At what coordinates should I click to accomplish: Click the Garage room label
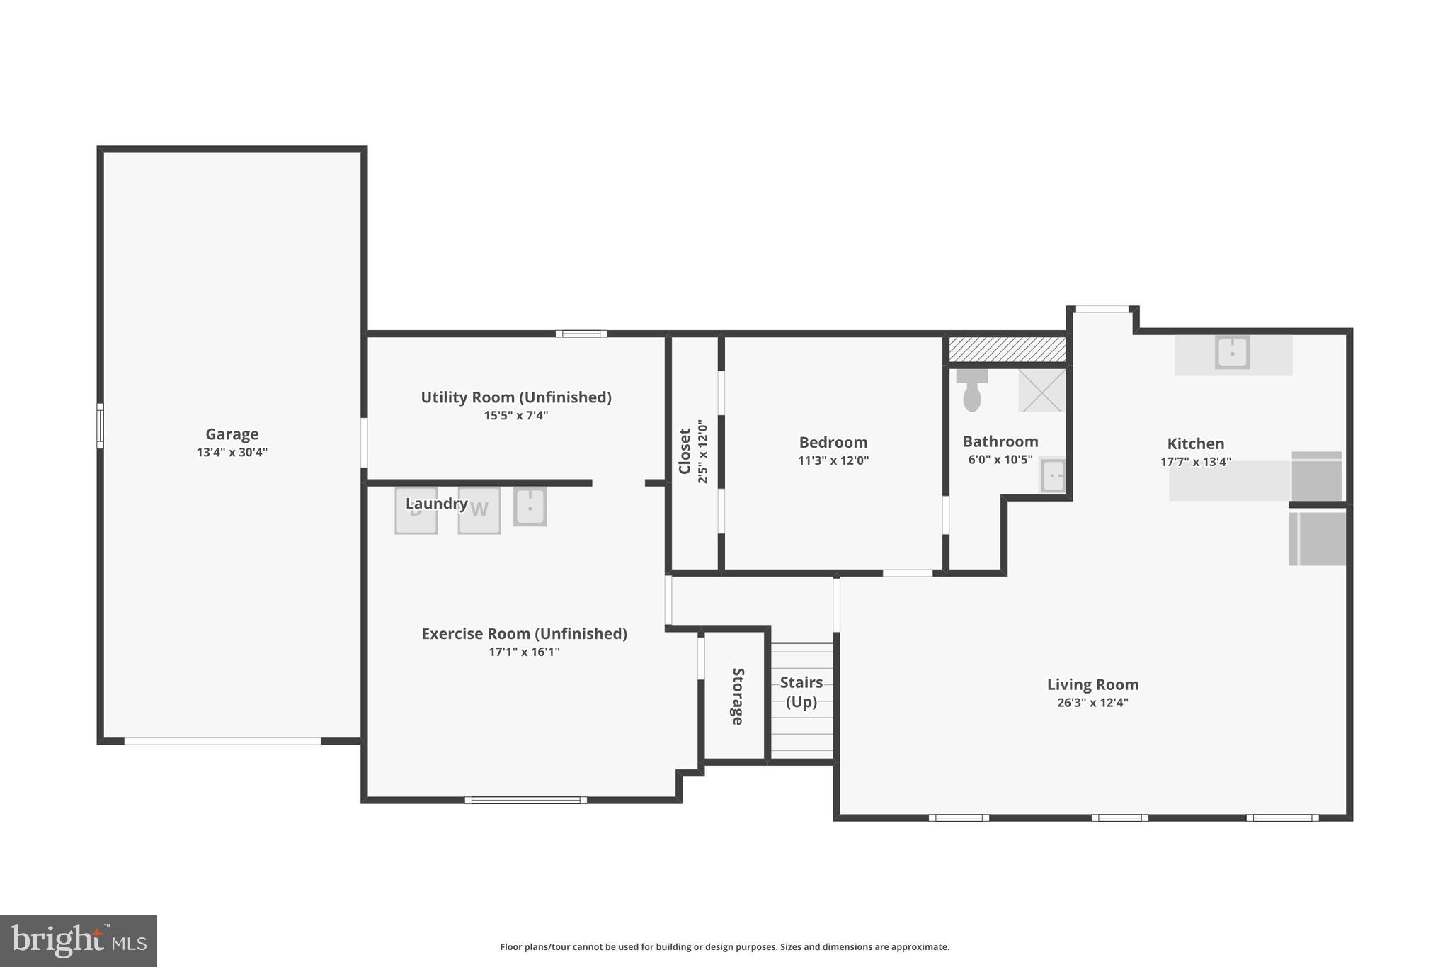point(232,434)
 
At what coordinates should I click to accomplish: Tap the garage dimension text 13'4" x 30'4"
point(232,453)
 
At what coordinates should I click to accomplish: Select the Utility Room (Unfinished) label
point(516,397)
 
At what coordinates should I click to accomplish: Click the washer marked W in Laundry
point(479,510)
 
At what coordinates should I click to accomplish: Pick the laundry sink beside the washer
point(530,507)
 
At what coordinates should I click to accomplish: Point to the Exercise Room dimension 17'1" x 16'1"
point(524,652)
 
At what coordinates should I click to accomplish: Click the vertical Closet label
point(685,451)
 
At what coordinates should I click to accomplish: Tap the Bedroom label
point(833,443)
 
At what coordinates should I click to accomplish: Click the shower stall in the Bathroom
point(1041,390)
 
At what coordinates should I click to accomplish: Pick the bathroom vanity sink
point(1052,475)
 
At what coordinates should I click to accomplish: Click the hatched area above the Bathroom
point(1007,349)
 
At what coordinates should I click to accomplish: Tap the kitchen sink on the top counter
point(1232,352)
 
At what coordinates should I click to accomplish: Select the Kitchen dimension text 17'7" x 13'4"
point(1195,463)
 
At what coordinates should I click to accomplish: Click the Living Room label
point(1092,685)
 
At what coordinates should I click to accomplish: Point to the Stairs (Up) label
point(801,692)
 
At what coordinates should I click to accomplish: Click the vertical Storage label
point(738,696)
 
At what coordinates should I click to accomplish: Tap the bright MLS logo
point(79,941)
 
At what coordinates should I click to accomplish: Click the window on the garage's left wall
point(101,426)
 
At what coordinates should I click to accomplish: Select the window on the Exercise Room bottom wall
point(525,801)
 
